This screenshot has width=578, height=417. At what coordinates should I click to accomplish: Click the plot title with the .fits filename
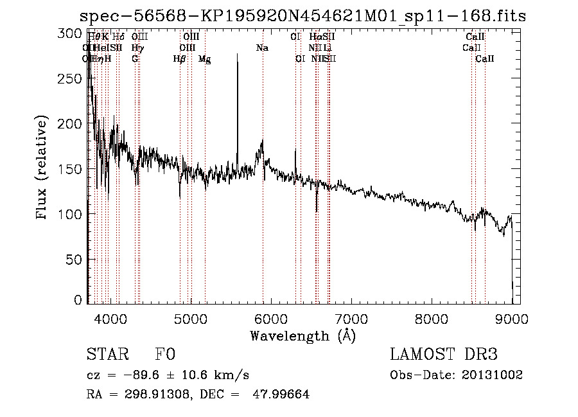coord(302,16)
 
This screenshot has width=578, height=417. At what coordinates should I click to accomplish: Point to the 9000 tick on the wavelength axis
coord(512,317)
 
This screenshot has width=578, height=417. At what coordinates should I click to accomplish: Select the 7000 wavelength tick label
coord(351,317)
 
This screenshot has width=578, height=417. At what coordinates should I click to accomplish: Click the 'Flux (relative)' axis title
coord(42,168)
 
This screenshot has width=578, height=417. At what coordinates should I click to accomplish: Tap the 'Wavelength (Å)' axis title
coord(302,335)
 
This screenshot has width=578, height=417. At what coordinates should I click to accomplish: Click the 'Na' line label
coord(262,48)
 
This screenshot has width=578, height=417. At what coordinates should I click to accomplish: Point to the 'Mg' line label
coord(204,59)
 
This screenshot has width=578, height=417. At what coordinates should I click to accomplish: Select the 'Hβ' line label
coord(180,59)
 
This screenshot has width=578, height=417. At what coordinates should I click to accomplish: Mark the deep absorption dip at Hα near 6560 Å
coord(317,209)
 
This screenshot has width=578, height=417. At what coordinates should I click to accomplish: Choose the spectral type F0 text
coord(164,355)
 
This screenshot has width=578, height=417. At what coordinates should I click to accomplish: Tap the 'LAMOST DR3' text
coord(444,355)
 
